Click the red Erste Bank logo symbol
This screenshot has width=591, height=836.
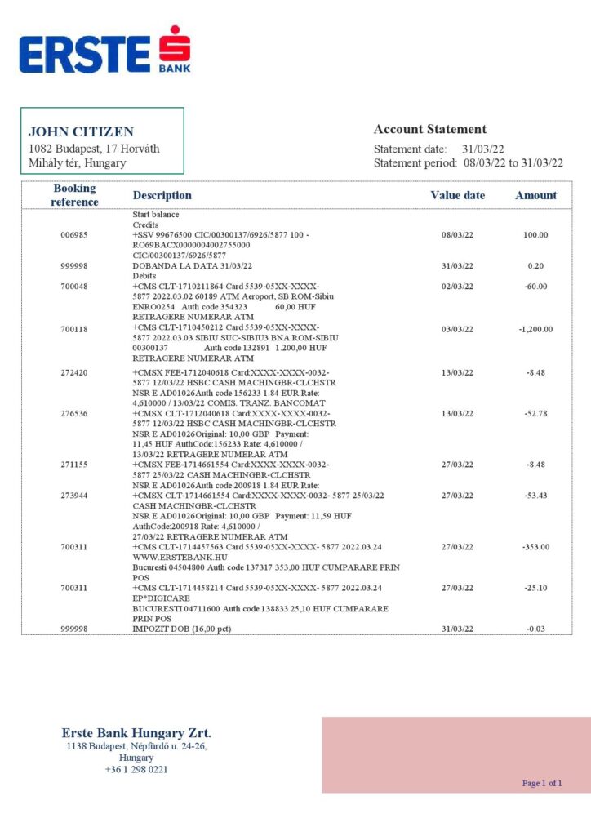click(x=174, y=47)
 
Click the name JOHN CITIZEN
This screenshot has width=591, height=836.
click(x=81, y=131)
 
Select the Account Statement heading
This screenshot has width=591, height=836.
click(x=429, y=129)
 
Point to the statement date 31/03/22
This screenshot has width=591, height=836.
click(x=483, y=149)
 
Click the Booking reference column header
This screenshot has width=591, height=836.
click(x=74, y=195)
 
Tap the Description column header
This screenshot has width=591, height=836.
click(x=162, y=195)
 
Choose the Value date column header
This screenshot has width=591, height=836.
click(x=457, y=195)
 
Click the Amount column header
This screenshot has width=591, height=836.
click(x=535, y=195)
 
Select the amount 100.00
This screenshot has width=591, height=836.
click(x=535, y=235)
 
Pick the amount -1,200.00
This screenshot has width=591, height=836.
click(x=535, y=329)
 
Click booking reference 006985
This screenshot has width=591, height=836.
click(x=74, y=235)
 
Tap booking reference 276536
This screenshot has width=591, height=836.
click(x=74, y=413)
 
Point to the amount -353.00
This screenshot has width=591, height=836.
click(x=535, y=547)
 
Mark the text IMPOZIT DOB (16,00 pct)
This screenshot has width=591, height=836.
click(x=181, y=629)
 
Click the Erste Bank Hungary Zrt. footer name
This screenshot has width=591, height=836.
click(x=136, y=733)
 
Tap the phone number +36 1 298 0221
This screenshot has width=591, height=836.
click(x=136, y=769)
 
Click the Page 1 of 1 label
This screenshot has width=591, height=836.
click(x=542, y=783)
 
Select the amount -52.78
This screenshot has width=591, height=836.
click(x=535, y=413)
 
